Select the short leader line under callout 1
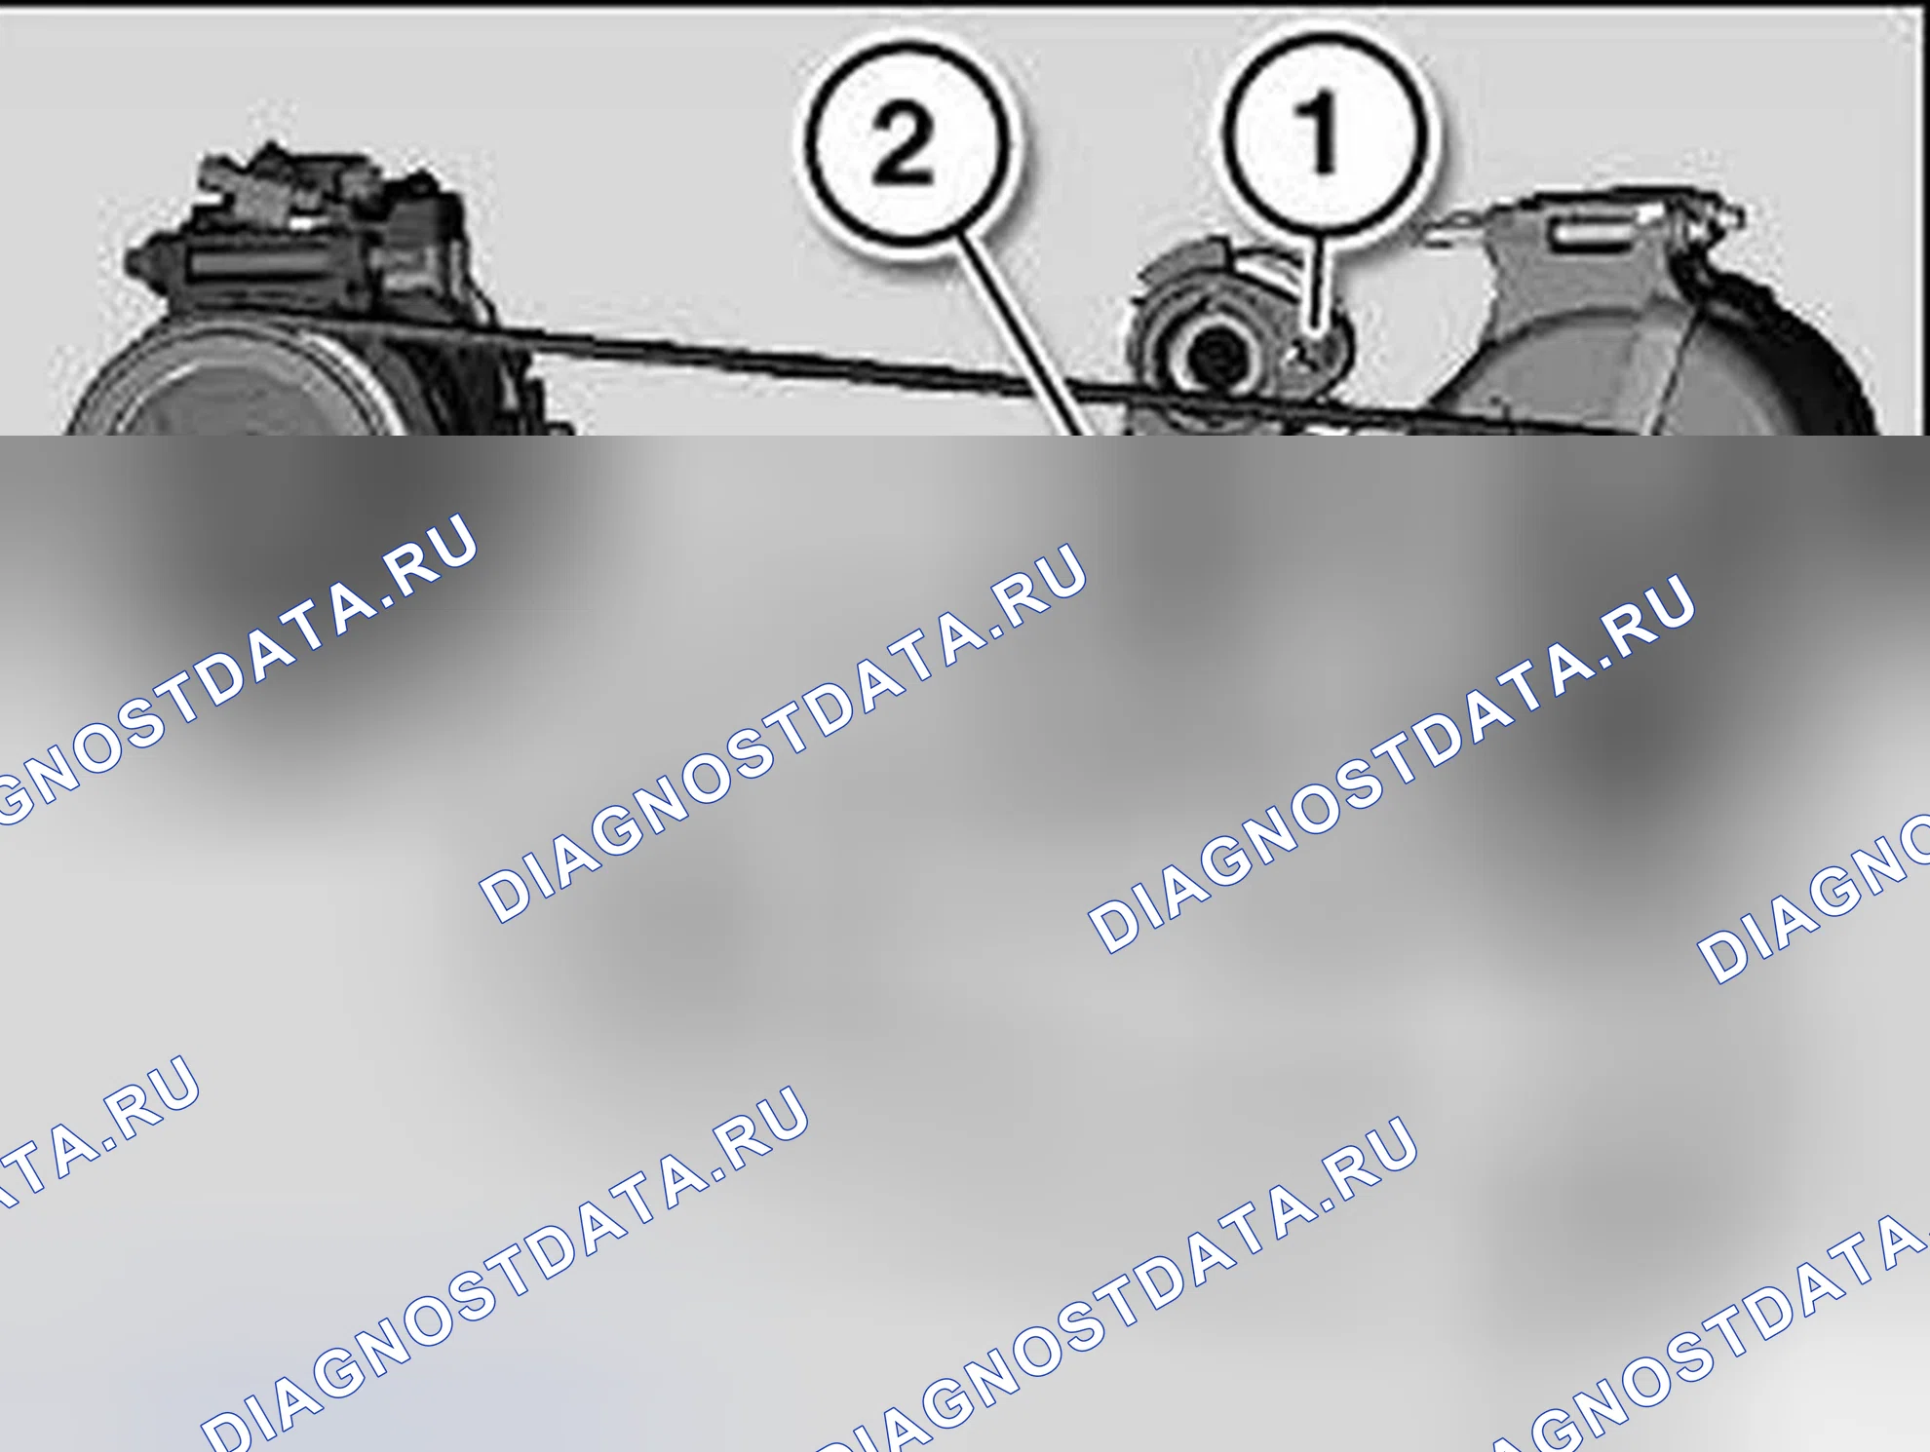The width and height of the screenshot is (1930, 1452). click(1317, 283)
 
